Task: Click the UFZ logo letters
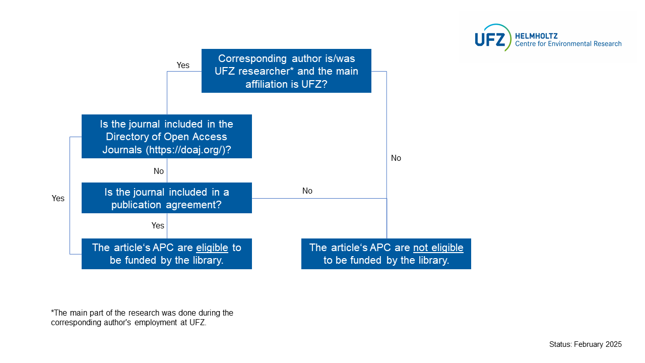pyautogui.click(x=489, y=38)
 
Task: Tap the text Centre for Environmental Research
pyautogui.click(x=568, y=44)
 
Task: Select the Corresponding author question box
pyautogui.click(x=286, y=71)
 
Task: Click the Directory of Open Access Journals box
pyautogui.click(x=166, y=136)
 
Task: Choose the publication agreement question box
pyautogui.click(x=166, y=198)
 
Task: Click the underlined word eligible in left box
pyautogui.click(x=212, y=248)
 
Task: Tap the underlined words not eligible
pyautogui.click(x=438, y=248)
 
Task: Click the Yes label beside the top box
pyautogui.click(x=183, y=65)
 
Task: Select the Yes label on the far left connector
pyautogui.click(x=58, y=198)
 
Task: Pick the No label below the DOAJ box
pyautogui.click(x=159, y=171)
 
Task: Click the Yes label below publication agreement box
pyautogui.click(x=158, y=225)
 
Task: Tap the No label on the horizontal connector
pyautogui.click(x=307, y=191)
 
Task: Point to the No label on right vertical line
pyautogui.click(x=396, y=158)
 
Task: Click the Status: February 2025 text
pyautogui.click(x=585, y=344)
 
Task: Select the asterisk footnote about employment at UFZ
pyautogui.click(x=142, y=318)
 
